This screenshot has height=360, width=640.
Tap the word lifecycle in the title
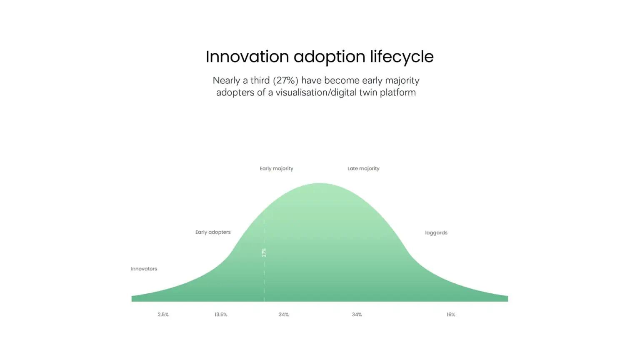pos(402,57)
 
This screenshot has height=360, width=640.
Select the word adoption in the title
pos(330,57)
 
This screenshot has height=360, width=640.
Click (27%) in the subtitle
pos(285,80)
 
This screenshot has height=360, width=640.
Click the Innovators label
pos(144,269)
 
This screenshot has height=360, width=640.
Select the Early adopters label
pos(213,232)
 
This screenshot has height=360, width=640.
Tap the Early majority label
pos(276,169)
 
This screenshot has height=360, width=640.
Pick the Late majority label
pos(363,169)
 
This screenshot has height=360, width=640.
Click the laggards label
pos(436,233)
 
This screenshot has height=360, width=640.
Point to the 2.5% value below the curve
pos(163,315)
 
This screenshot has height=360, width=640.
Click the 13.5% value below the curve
pos(221,315)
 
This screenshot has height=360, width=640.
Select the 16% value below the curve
pos(451,315)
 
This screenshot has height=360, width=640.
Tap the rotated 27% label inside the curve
pos(264,252)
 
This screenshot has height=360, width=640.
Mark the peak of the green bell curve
pos(320,183)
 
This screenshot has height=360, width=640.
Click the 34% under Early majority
pos(284,315)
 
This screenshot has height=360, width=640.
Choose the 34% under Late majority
pos(357,315)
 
